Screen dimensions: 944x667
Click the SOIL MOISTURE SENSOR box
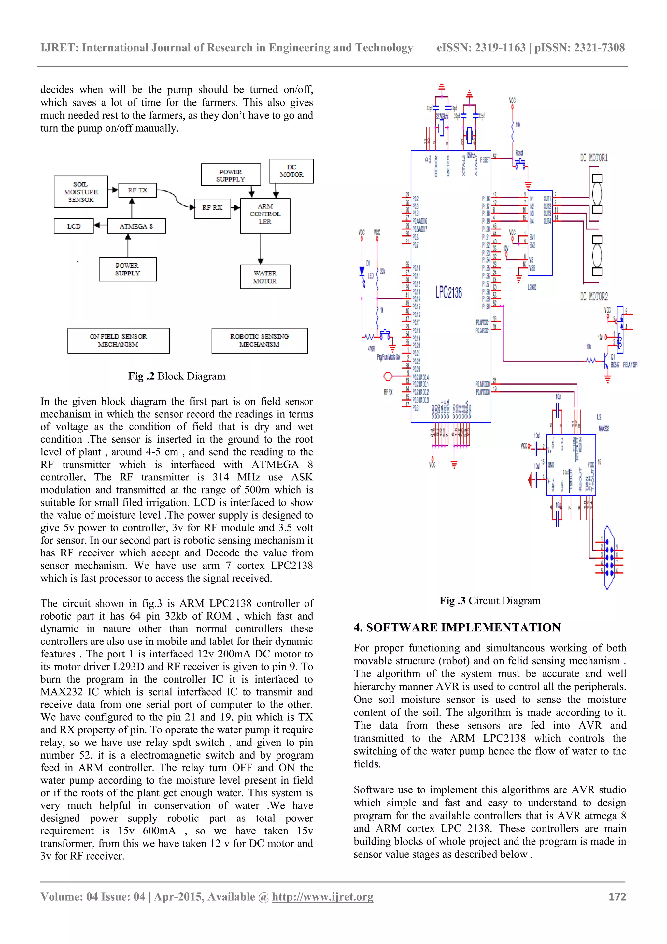(x=80, y=192)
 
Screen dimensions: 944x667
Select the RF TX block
(x=137, y=190)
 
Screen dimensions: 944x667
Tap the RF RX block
(x=212, y=208)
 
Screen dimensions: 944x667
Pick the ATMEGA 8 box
(x=136, y=226)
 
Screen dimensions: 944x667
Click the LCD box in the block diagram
(x=74, y=226)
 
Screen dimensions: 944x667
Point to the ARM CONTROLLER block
(x=265, y=214)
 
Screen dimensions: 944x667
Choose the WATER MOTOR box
(x=265, y=277)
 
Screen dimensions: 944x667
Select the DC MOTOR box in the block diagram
(x=291, y=170)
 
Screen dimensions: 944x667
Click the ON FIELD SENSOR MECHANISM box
(x=118, y=340)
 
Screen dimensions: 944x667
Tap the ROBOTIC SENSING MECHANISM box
(x=259, y=340)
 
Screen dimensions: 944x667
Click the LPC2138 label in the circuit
(x=448, y=292)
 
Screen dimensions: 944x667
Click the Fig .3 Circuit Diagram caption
(x=490, y=601)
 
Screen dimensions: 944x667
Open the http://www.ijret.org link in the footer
(x=322, y=897)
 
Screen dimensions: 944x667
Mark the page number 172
(x=617, y=897)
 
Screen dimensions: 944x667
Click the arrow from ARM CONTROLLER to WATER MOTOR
(x=261, y=249)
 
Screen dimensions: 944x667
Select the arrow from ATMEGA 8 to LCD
(x=101, y=225)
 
